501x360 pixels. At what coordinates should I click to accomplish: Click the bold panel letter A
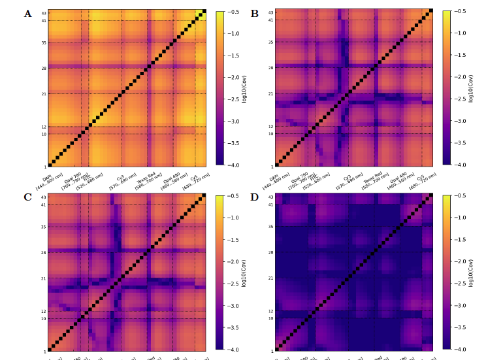pos(27,13)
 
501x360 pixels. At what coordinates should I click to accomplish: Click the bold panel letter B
pos(255,13)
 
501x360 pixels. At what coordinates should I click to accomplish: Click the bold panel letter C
pos(27,197)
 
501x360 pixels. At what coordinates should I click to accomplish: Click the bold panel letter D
pos(255,197)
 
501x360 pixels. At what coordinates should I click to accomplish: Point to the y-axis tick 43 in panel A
pos(43,13)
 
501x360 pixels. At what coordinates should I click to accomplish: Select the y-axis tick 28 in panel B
pos(270,67)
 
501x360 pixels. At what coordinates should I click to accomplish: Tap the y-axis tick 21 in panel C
pos(43,278)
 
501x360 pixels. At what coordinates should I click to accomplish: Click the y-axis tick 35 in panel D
pos(270,227)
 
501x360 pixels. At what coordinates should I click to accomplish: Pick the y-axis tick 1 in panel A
pos(44,166)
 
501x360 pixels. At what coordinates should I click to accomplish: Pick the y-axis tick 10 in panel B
pos(270,134)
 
